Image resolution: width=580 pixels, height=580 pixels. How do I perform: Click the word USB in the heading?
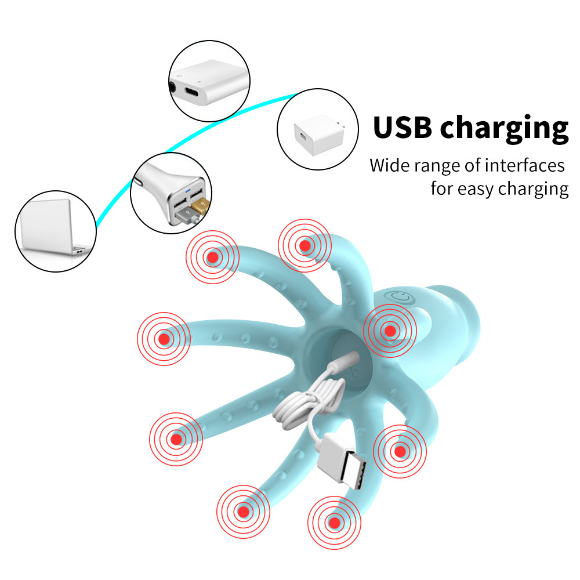(x=403, y=127)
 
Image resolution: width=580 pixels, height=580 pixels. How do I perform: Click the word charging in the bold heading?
(x=504, y=129)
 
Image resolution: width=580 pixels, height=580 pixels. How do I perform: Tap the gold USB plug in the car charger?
(x=200, y=205)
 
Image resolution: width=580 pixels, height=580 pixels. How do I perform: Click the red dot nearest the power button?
(x=390, y=331)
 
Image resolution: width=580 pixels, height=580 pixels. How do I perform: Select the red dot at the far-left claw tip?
(x=164, y=339)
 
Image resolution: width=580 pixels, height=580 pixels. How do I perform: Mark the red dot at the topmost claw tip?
(x=305, y=245)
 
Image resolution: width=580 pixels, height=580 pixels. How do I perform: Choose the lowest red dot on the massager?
(x=335, y=523)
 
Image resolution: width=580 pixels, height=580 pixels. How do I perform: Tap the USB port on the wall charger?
(x=303, y=136)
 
